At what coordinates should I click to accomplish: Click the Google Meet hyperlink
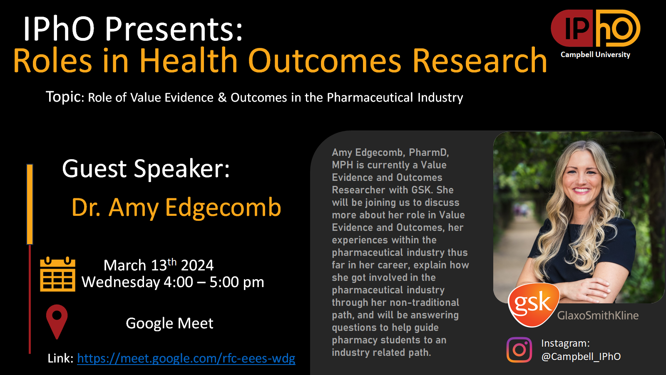[x=186, y=358]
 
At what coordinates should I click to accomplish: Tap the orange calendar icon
[x=58, y=274]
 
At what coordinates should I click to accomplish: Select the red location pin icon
[x=57, y=322]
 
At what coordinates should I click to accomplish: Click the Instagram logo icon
[x=519, y=350]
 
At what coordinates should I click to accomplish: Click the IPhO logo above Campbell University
[x=596, y=28]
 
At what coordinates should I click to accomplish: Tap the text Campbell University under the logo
[x=595, y=55]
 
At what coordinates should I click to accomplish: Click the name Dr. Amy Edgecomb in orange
[x=176, y=207]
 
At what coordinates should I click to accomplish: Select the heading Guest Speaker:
[x=146, y=169]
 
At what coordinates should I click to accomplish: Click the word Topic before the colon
[x=63, y=97]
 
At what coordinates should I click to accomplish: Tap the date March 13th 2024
[x=159, y=265]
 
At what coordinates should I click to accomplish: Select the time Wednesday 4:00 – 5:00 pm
[x=173, y=282]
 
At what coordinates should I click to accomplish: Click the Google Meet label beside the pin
[x=169, y=323]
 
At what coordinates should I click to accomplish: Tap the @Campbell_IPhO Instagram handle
[x=581, y=357]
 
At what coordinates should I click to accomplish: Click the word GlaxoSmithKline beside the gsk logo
[x=598, y=315]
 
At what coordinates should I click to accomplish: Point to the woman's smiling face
[x=581, y=175]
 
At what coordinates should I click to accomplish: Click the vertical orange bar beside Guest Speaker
[x=30, y=204]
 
